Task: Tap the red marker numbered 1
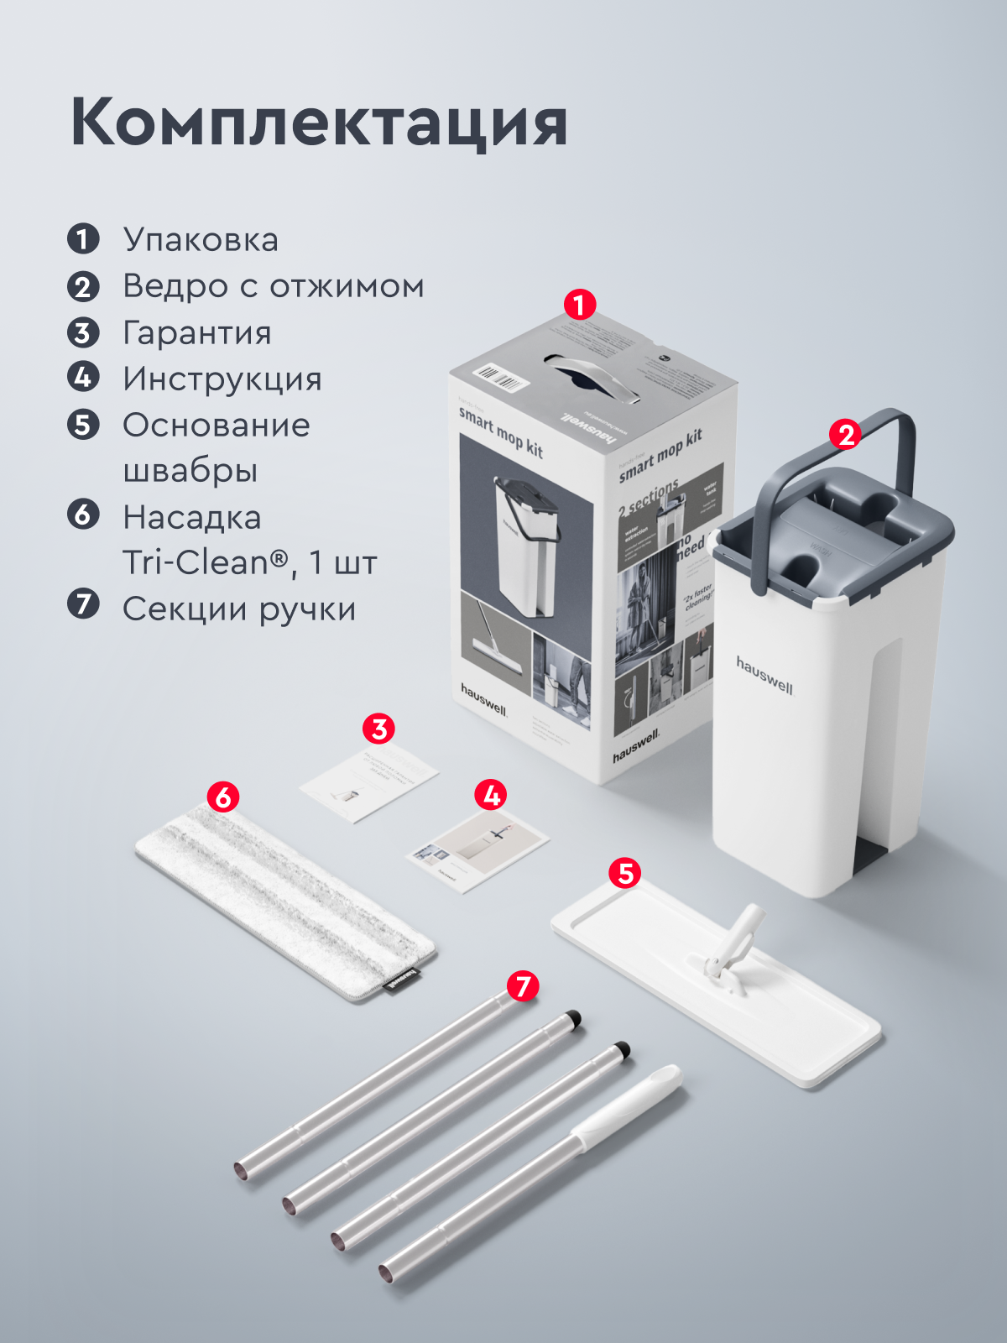coord(579,305)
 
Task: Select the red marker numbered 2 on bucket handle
coord(845,435)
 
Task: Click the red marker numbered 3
coord(378,729)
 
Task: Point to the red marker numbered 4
coord(491,794)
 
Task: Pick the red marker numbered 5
coord(625,873)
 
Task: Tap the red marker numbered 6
coord(222,797)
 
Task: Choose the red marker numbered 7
coord(523,985)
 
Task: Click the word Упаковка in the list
coord(201,240)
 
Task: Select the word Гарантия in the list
coord(197,332)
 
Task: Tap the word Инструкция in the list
coord(222,379)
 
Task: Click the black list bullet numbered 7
coord(83,604)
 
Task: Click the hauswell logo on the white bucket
coord(764,675)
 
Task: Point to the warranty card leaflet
coord(369,781)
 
